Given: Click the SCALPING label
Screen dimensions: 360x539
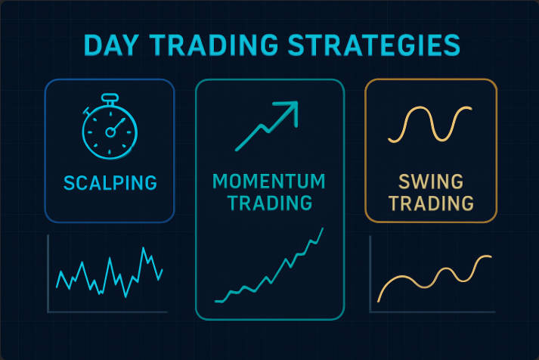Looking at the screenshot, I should pyautogui.click(x=110, y=182).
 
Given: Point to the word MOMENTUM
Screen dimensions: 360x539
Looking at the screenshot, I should pyautogui.click(x=269, y=182).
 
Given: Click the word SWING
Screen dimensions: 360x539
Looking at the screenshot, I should pyautogui.click(x=431, y=182).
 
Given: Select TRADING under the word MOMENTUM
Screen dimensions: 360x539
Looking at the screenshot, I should pyautogui.click(x=269, y=203).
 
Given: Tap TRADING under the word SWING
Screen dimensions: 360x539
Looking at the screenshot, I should pyautogui.click(x=431, y=203).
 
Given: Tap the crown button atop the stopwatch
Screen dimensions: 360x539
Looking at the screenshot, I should pyautogui.click(x=110, y=98).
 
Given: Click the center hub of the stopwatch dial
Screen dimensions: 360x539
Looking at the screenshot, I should pyautogui.click(x=110, y=132).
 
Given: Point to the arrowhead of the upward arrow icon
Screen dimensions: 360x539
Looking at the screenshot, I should pyautogui.click(x=290, y=110).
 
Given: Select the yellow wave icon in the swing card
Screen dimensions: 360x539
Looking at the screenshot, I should pyautogui.click(x=431, y=124).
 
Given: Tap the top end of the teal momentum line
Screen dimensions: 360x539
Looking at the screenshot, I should pyautogui.click(x=323, y=228).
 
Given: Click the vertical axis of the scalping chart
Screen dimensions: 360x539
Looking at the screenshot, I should pyautogui.click(x=48, y=272).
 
